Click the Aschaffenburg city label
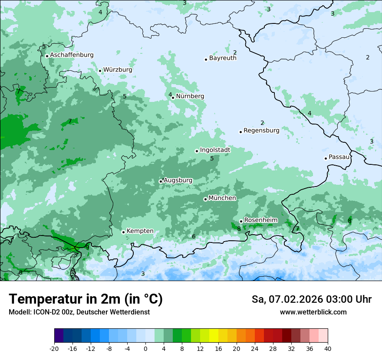tap(72, 55)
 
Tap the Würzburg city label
tap(118, 70)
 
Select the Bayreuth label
tap(223, 58)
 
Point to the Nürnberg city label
tap(190, 96)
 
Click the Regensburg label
tap(261, 131)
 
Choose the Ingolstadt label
tap(215, 150)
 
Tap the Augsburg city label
tap(178, 180)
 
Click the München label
tap(222, 198)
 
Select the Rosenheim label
tap(260, 220)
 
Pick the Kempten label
tap(140, 231)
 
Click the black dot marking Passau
tap(326, 158)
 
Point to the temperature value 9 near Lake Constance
tap(87, 247)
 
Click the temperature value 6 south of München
tap(194, 236)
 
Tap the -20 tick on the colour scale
tap(54, 349)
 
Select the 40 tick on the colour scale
tap(327, 349)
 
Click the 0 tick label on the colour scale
tap(145, 349)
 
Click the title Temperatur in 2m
tap(86, 299)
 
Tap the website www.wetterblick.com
tap(313, 312)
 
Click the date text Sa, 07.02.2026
tap(286, 299)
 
